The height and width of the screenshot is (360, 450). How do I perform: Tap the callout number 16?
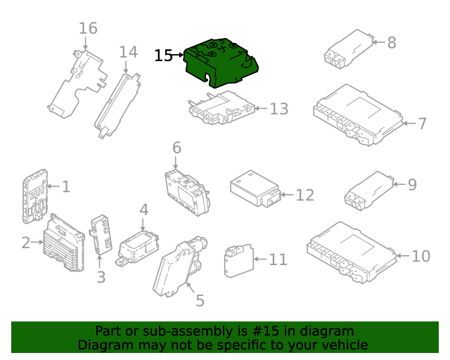[88, 29]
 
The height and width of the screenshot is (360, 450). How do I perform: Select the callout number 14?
[128, 52]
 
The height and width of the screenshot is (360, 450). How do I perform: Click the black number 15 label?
[163, 56]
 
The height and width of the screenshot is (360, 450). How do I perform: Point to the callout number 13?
[279, 109]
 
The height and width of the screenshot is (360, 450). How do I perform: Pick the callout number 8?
[392, 42]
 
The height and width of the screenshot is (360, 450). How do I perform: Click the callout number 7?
[422, 124]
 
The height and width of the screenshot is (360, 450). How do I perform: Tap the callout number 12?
[304, 195]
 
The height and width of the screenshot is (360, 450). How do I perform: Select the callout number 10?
[420, 256]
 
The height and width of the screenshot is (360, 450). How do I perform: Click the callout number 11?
[278, 260]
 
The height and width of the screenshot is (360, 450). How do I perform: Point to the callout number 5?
[200, 301]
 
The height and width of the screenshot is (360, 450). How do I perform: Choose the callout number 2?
[26, 243]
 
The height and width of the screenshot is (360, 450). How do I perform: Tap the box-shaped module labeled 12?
[253, 188]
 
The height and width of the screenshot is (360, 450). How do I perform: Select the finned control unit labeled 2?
[64, 243]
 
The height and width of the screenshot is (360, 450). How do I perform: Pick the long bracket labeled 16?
[76, 81]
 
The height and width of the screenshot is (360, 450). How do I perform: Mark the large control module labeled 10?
[349, 252]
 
